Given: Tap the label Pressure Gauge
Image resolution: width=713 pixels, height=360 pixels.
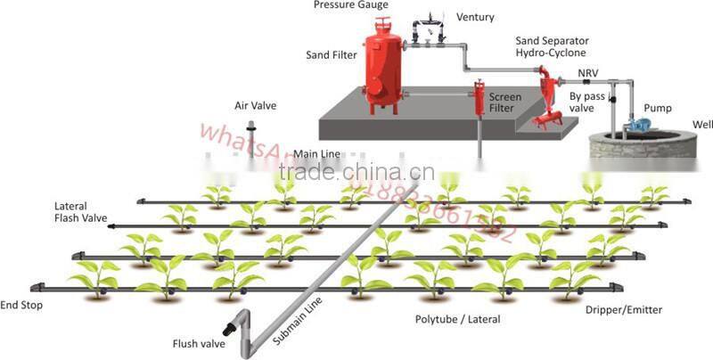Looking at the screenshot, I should (349, 5).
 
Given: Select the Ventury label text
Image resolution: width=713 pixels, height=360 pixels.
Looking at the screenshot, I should (476, 17).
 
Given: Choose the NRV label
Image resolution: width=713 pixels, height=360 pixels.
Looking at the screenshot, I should (587, 72).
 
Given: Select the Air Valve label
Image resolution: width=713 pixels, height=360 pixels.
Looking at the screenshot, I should (255, 105).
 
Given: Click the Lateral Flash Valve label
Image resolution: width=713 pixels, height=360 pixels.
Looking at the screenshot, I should (81, 212).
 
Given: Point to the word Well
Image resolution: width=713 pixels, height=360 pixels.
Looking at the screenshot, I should (701, 124).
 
